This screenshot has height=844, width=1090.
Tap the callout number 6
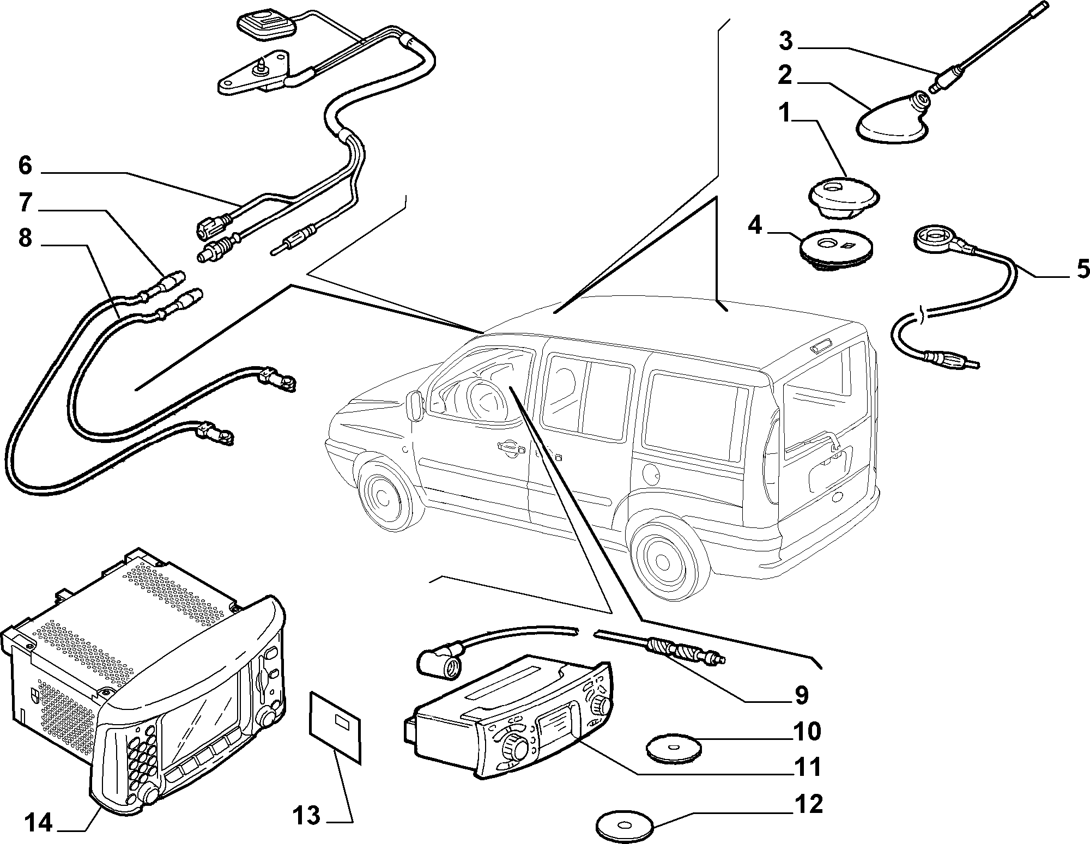[25, 165]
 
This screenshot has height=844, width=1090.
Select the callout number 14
[38, 823]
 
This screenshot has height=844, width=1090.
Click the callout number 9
[800, 694]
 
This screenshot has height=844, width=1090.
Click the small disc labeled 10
[672, 749]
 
